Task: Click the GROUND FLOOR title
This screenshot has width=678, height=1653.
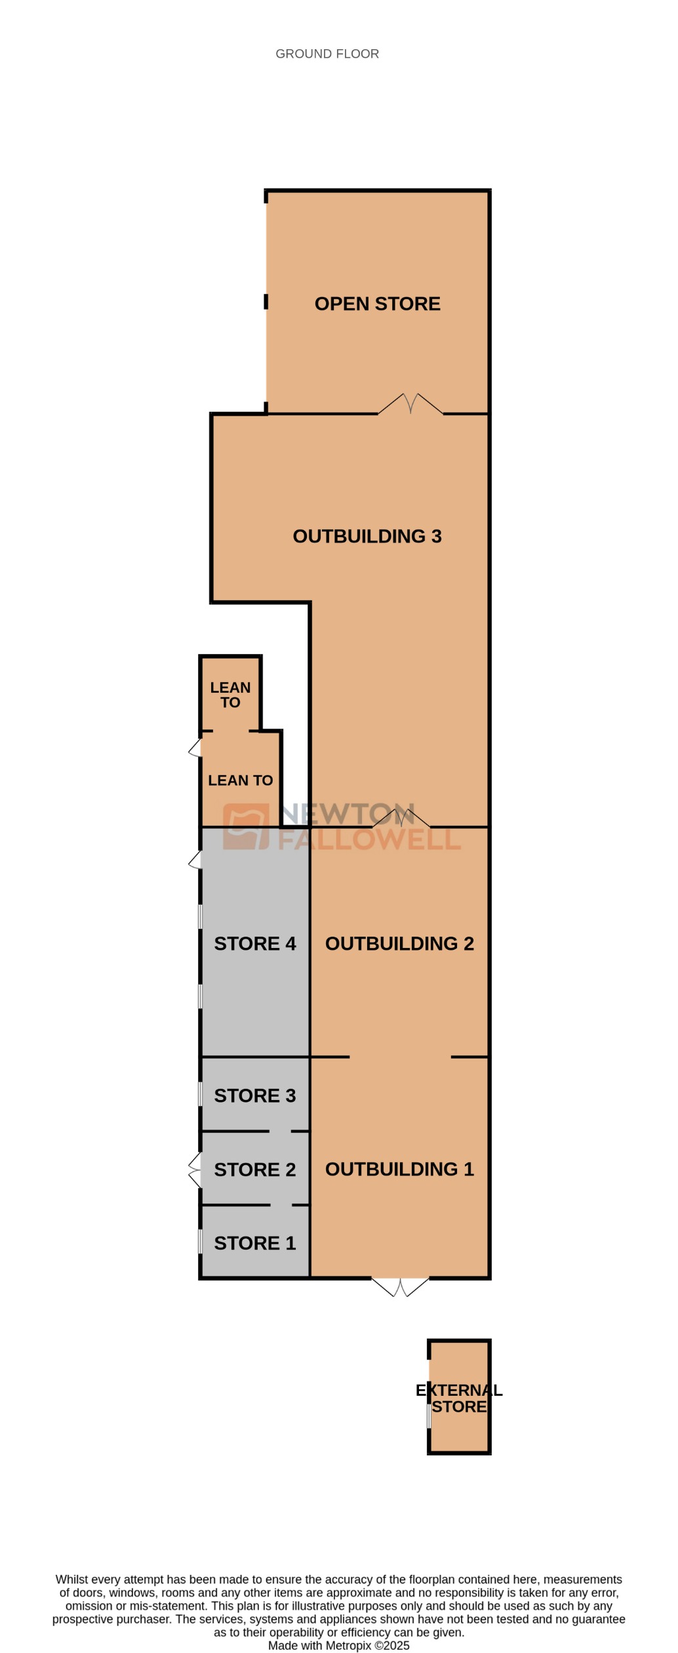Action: [x=327, y=54]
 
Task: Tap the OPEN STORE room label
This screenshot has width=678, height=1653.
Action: [x=377, y=304]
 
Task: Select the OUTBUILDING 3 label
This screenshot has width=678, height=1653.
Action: [x=367, y=536]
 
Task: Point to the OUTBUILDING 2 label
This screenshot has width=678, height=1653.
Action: [x=399, y=943]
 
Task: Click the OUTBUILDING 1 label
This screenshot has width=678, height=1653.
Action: [x=399, y=1169]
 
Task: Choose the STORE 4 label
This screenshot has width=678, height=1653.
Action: [x=254, y=943]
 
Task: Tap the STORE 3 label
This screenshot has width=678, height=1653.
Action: [x=254, y=1095]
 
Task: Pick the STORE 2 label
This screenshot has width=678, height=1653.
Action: [x=254, y=1170]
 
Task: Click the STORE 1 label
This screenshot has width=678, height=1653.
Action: [x=254, y=1243]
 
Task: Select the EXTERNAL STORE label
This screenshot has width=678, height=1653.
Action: [x=459, y=1398]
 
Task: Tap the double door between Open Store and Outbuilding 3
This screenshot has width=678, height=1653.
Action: [x=410, y=404]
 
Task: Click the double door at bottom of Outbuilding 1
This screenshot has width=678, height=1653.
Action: [x=400, y=1286]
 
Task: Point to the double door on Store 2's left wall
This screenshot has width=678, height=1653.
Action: [x=195, y=1170]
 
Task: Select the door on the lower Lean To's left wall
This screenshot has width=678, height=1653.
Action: [x=195, y=748]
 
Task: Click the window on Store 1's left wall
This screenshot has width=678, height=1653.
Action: [x=200, y=1242]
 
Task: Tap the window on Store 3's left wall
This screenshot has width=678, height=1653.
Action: [x=200, y=1094]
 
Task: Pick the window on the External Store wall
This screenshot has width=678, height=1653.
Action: [x=429, y=1416]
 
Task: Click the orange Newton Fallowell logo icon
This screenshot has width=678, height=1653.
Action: [x=246, y=826]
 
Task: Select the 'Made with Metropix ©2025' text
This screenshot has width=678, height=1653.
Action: [x=338, y=1645]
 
